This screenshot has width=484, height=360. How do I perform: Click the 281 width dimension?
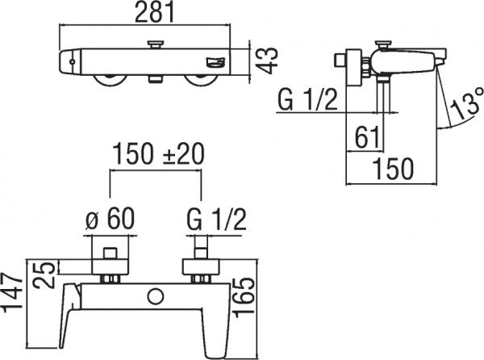tap(152, 14)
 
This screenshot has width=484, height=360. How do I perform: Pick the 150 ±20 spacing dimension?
tap(159, 153)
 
